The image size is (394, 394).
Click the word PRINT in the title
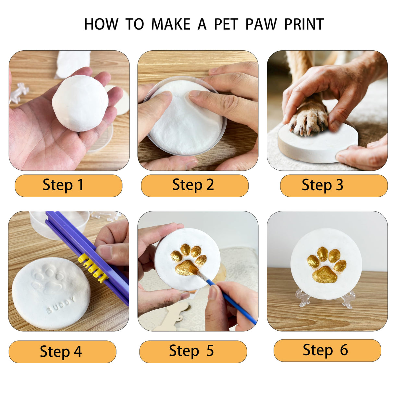[x=304, y=24]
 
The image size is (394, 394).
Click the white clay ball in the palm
[x=80, y=103]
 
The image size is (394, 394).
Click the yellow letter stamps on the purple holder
[x=92, y=267]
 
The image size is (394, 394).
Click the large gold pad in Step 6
[x=325, y=275]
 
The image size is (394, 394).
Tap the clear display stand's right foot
[x=348, y=300]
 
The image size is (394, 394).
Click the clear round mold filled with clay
[x=185, y=117]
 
